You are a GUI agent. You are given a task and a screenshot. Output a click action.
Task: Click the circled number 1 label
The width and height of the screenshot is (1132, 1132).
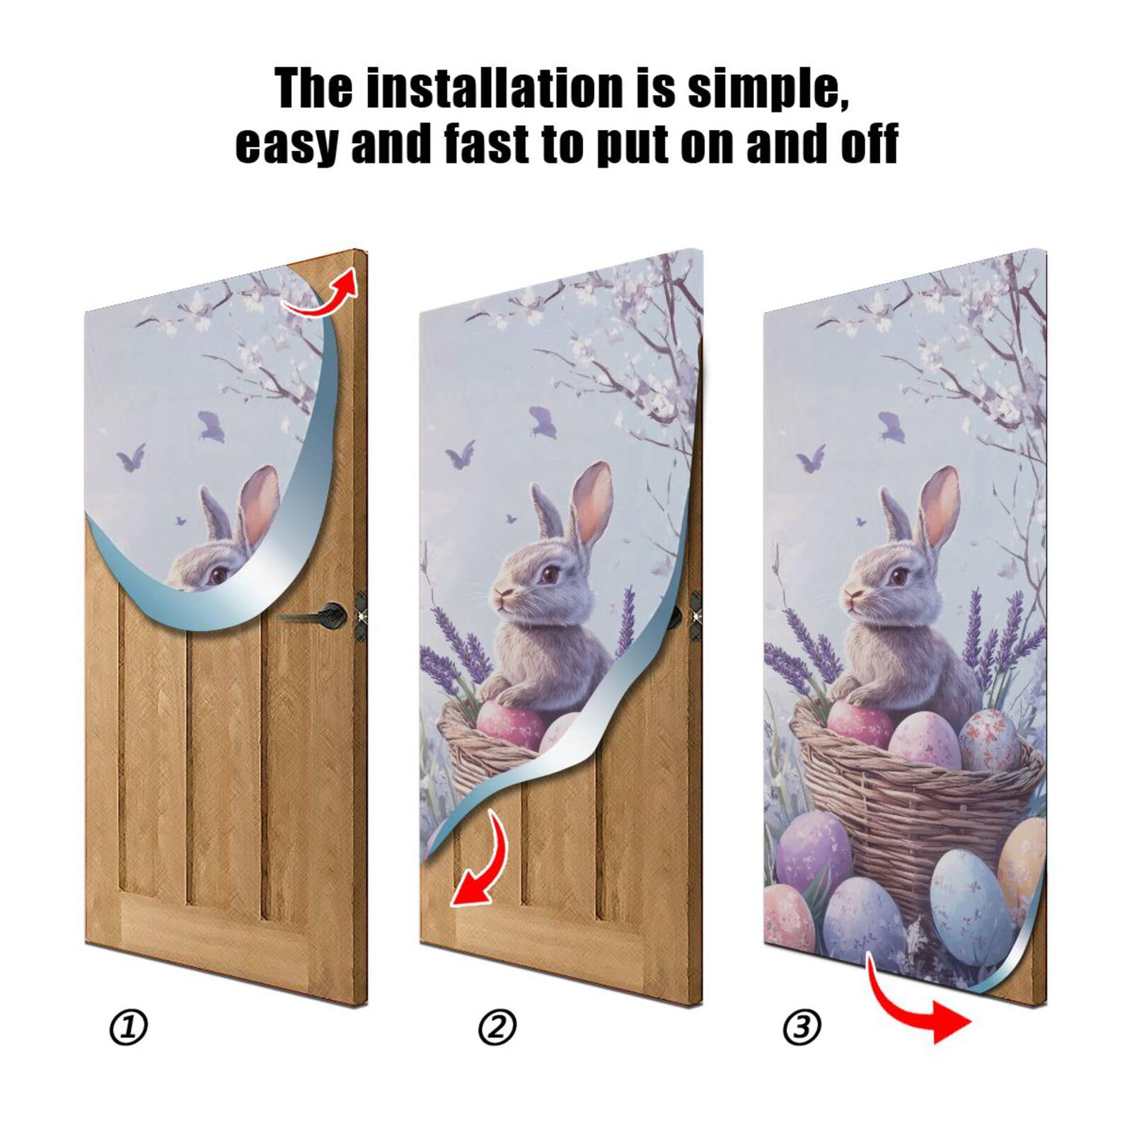129,1027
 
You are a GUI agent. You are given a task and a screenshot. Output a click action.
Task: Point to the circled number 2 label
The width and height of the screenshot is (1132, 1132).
497,1027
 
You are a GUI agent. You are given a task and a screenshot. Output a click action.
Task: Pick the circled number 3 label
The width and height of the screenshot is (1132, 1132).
802,1027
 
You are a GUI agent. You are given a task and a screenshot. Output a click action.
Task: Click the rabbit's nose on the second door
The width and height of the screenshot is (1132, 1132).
501,592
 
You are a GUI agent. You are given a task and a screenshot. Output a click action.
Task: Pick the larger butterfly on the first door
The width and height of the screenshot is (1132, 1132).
211,426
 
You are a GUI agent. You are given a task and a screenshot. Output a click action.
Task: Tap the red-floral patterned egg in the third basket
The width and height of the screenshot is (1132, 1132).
988,739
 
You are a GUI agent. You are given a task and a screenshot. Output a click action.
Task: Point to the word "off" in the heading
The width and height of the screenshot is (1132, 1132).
868,144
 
